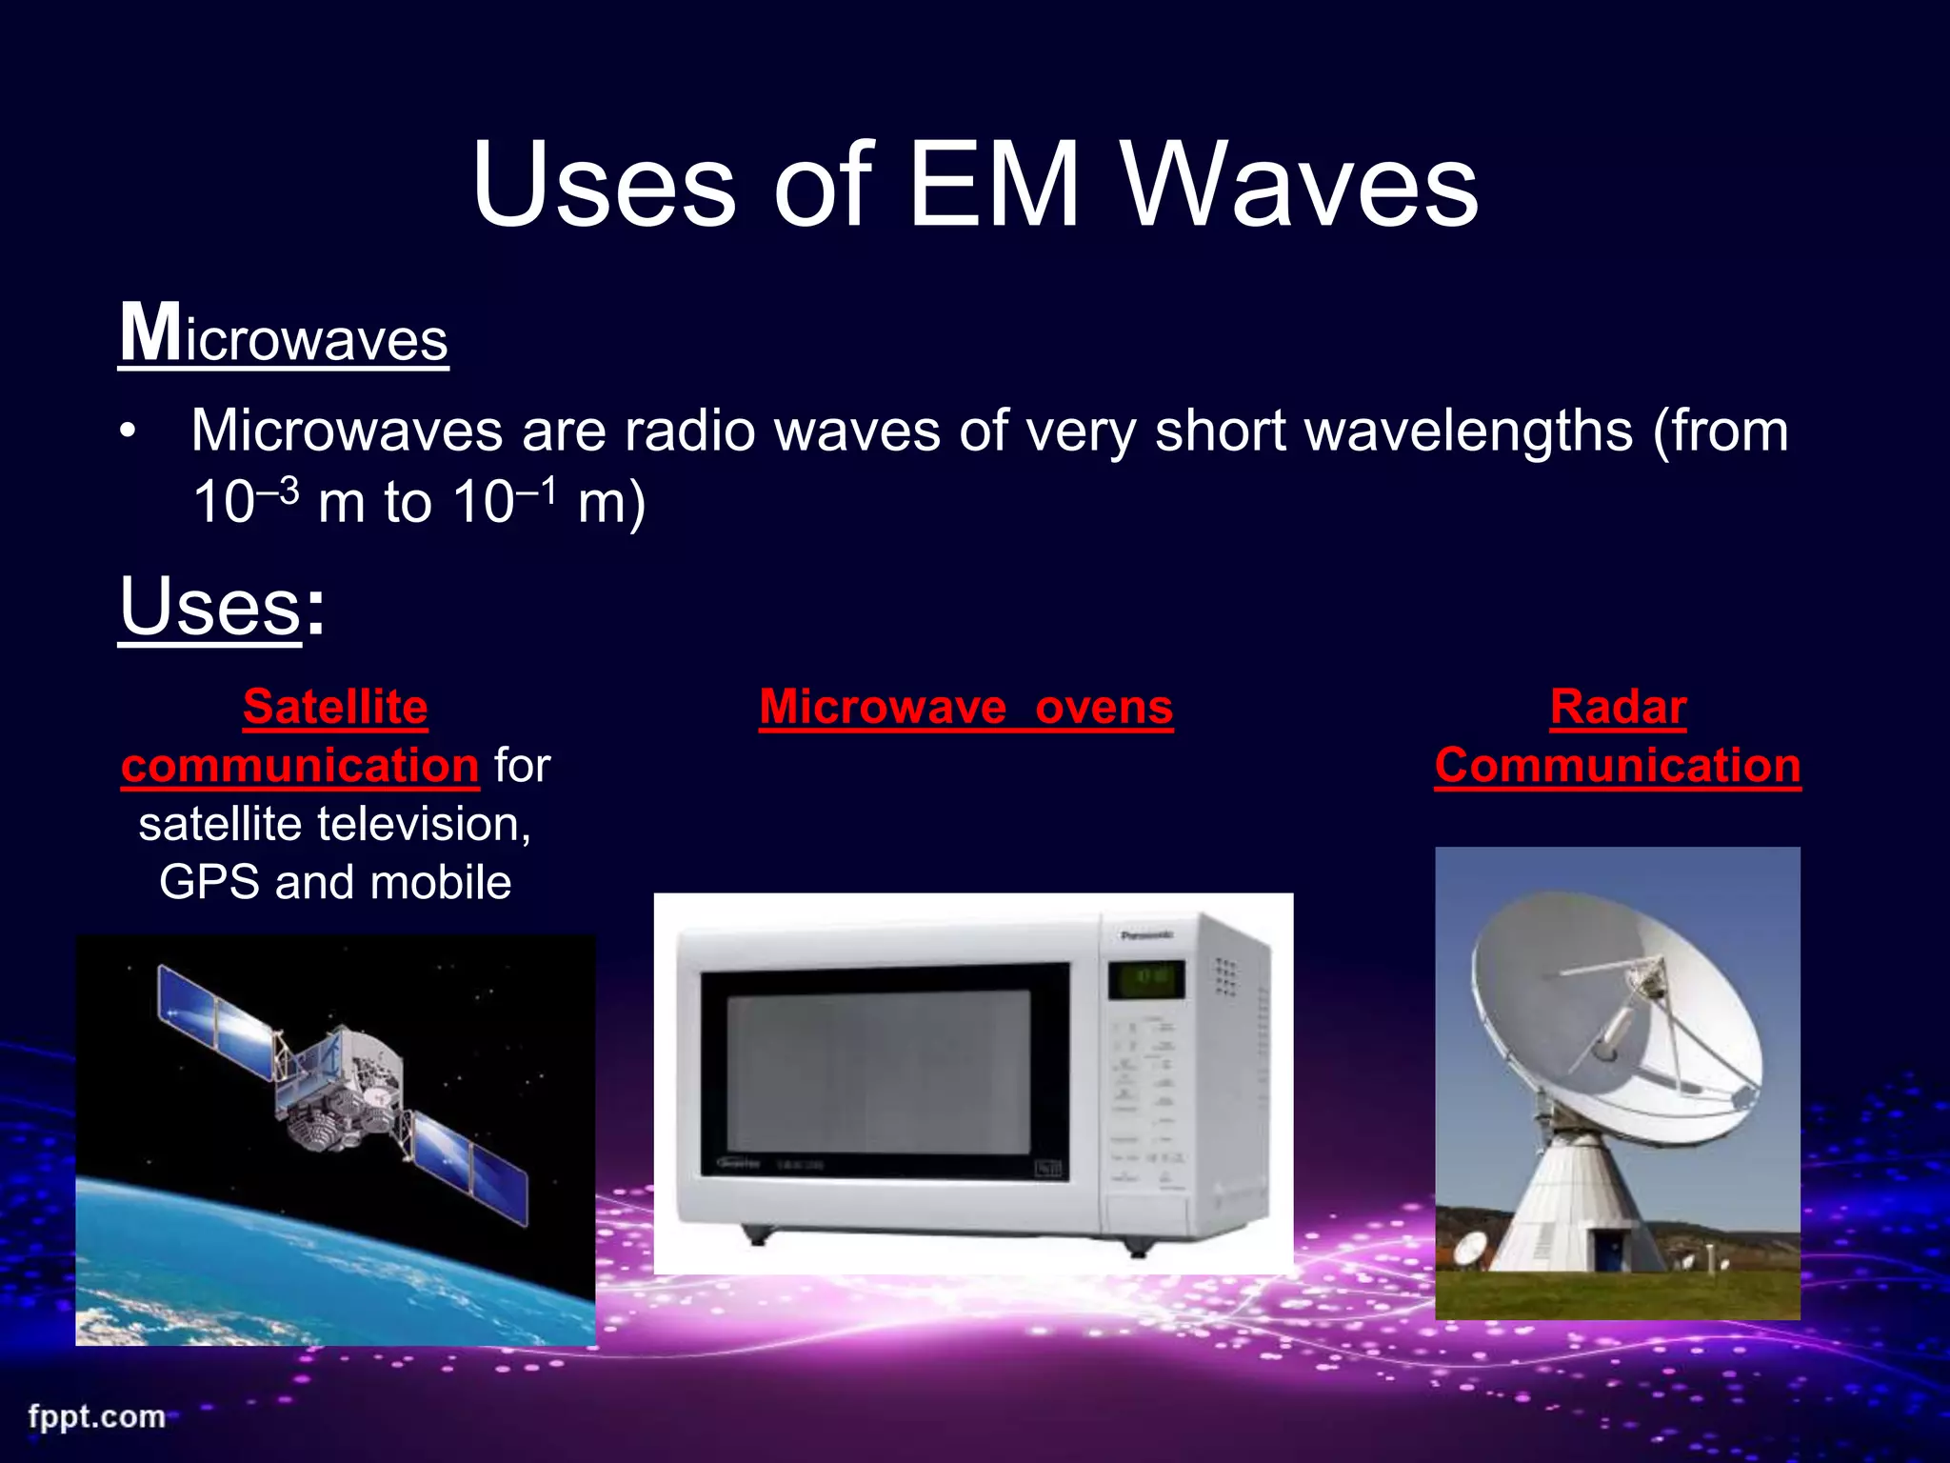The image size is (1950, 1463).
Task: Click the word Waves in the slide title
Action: tap(1300, 186)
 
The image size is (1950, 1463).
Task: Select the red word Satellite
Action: tap(335, 708)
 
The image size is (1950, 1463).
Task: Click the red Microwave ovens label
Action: tap(965, 708)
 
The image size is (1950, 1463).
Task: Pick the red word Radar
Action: tap(1618, 708)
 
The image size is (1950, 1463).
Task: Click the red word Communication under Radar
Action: tap(1618, 766)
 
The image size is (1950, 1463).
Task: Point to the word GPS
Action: tap(209, 882)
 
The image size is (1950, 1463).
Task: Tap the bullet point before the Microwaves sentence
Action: tap(129, 431)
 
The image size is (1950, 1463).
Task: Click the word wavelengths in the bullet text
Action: tap(1468, 431)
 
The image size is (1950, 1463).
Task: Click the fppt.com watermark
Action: tap(96, 1416)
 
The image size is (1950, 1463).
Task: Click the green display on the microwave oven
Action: tap(1145, 978)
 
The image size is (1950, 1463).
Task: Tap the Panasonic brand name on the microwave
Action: tap(1146, 935)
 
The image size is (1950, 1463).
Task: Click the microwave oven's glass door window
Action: tap(878, 1072)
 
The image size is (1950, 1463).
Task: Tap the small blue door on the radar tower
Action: tap(1610, 1249)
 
